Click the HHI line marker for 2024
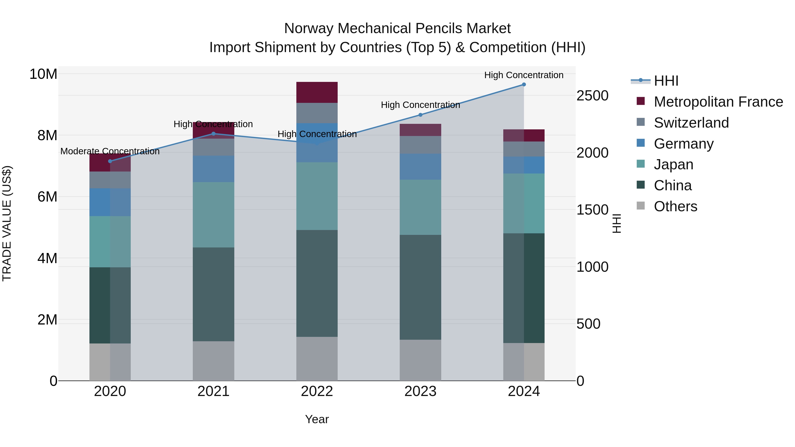pyautogui.click(x=524, y=85)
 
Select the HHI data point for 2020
pyautogui.click(x=110, y=161)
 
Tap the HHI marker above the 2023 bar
pyautogui.click(x=420, y=115)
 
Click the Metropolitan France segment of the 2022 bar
pyautogui.click(x=317, y=92)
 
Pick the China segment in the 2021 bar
pyautogui.click(x=214, y=294)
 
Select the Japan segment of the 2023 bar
pyautogui.click(x=420, y=207)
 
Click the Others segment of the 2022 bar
pyautogui.click(x=317, y=358)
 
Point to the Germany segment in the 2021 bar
pyautogui.click(x=214, y=169)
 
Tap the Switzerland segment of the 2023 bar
pyautogui.click(x=420, y=145)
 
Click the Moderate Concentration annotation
pyautogui.click(x=110, y=151)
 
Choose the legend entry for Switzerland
pyautogui.click(x=691, y=123)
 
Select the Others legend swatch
pyautogui.click(x=641, y=206)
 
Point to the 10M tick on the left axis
pyautogui.click(x=43, y=74)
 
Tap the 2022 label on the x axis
pyautogui.click(x=317, y=391)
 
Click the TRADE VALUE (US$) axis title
pyautogui.click(x=7, y=223)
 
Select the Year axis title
pyautogui.click(x=317, y=419)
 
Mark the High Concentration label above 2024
pyautogui.click(x=524, y=75)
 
